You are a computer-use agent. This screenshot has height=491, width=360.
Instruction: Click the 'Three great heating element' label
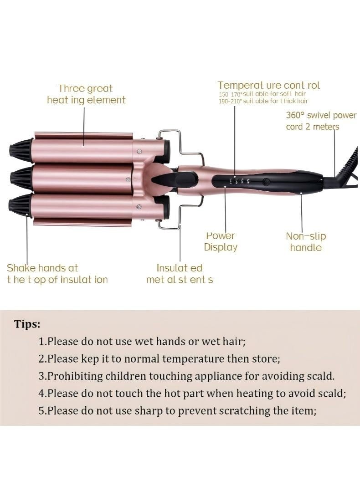tap(86, 94)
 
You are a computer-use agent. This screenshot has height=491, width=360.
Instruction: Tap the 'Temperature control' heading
tap(268, 85)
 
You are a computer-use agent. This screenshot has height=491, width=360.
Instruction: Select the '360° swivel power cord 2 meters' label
tap(321, 121)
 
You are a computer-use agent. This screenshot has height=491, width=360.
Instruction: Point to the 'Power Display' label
tap(221, 241)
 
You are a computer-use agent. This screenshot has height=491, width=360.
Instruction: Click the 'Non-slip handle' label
tap(306, 242)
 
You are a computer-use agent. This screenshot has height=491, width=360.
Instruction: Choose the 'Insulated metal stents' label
tap(180, 274)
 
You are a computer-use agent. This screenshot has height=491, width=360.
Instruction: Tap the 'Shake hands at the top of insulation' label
tap(57, 274)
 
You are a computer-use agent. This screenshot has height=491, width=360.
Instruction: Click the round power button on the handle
tap(266, 181)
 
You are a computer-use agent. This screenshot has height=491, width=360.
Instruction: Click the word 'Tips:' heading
tap(27, 324)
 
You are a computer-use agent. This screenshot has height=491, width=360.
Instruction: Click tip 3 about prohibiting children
tap(186, 376)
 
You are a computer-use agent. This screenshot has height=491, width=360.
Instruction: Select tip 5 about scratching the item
tap(177, 410)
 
